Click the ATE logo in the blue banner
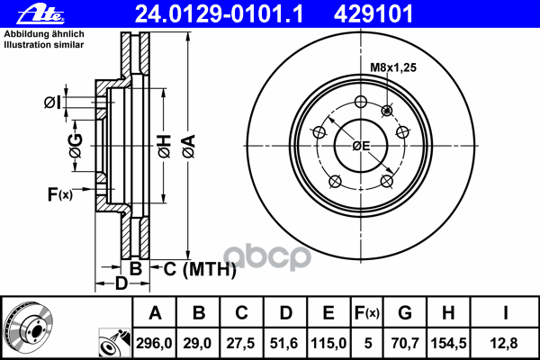[40, 13]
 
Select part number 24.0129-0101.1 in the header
[219, 14]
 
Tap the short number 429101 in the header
[373, 14]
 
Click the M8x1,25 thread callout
[393, 67]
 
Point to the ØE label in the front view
[361, 146]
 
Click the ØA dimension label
[189, 147]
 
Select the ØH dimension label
[165, 147]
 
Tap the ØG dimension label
[76, 146]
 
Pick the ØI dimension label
[52, 103]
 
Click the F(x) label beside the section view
[60, 194]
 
